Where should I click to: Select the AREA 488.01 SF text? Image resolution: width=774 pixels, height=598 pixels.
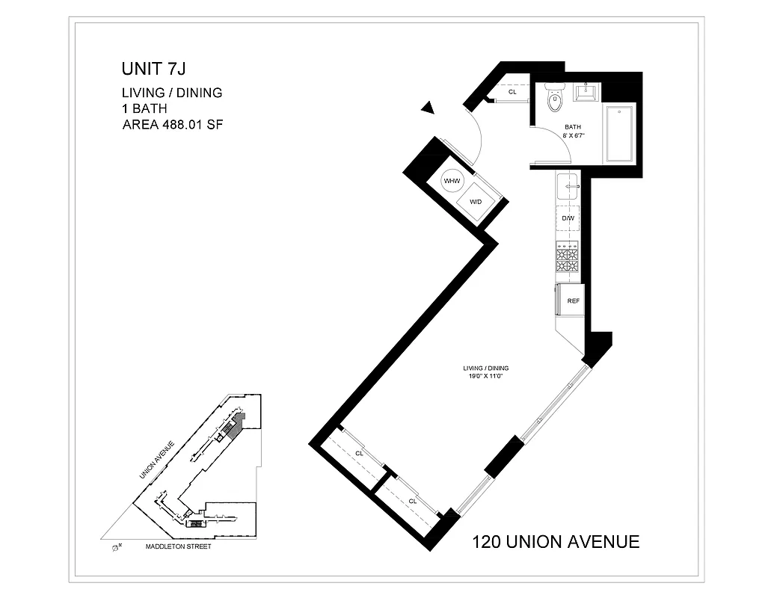173,125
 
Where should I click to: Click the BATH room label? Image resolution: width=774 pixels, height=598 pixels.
573,126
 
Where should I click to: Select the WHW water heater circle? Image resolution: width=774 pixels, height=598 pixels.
452,181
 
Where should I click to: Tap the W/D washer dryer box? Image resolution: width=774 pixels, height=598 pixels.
476,203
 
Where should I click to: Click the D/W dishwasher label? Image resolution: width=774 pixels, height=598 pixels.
568,218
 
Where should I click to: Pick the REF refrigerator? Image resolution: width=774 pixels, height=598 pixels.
571,300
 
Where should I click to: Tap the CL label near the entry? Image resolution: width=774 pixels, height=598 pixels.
512,92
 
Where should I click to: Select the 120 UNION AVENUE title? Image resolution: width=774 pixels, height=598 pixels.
556,542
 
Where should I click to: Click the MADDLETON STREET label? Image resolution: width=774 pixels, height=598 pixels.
179,546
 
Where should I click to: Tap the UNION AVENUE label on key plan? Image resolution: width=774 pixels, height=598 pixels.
156,460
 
